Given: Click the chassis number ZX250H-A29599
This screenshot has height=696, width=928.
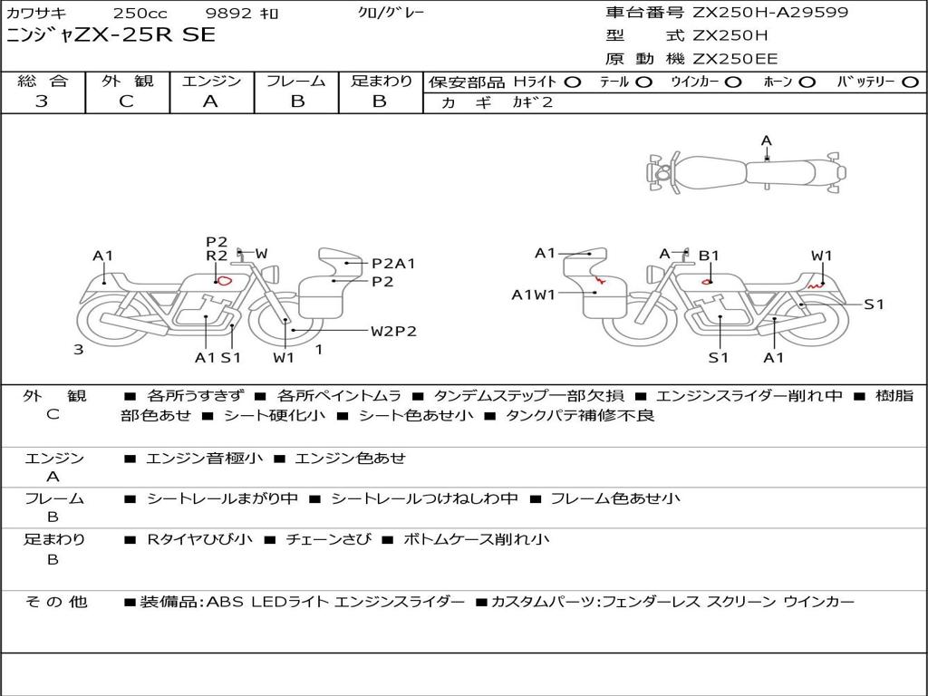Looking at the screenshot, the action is coord(770,13).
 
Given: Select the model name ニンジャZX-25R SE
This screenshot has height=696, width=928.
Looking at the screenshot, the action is coord(111,35).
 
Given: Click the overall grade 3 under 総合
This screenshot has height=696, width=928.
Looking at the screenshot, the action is coord(42,101).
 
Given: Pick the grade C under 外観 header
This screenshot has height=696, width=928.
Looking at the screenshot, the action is coord(127,101).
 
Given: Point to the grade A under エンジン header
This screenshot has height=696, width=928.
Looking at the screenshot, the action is coord(210,101).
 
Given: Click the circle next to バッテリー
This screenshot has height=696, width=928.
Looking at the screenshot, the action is coord(910,82).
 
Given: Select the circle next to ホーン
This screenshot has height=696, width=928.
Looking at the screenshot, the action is coord(807,82).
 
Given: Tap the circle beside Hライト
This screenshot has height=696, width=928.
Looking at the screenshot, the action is coord(573,82).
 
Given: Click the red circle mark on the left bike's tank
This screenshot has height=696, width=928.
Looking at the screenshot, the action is coord(224,281).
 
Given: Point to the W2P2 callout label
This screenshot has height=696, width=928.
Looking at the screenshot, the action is coord(393,332).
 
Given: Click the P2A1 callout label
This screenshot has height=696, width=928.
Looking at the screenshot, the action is coord(393,264).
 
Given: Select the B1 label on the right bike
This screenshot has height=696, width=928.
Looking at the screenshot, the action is coord(709,256).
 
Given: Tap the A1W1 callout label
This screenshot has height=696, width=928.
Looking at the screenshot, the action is coord(533,295).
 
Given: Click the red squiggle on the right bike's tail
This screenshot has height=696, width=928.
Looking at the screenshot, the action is coord(817,285).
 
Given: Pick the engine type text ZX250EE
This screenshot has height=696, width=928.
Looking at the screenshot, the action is coord(735,59).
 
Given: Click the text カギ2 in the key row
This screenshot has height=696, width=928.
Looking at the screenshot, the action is coord(532,102).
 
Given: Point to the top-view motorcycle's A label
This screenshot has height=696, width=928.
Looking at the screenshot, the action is coord(767,140).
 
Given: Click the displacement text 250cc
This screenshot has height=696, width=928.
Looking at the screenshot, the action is coord(140,13).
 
